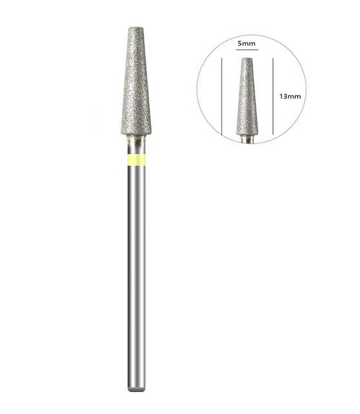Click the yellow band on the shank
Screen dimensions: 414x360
point(136,160)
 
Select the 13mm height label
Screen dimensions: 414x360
point(289,96)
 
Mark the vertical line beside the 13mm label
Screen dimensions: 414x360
point(274,97)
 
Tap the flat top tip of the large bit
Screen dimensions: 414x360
point(136,28)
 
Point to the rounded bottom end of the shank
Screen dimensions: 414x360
point(136,389)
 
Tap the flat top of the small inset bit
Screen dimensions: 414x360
point(247,60)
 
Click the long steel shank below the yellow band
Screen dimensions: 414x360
point(136,272)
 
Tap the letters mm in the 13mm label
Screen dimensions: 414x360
point(295,96)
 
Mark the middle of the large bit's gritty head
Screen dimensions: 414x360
point(136,81)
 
